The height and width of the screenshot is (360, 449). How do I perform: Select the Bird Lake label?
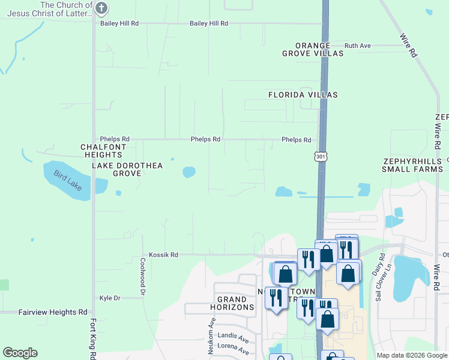[67, 181]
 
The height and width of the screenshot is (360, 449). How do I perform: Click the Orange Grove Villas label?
[313, 49]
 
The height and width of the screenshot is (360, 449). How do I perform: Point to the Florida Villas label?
[303, 95]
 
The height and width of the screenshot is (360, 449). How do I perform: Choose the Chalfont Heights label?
[104, 151]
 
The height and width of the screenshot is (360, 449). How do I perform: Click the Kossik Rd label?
[163, 255]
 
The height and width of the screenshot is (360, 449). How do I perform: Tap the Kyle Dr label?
[110, 298]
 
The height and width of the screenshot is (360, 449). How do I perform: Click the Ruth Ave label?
[358, 46]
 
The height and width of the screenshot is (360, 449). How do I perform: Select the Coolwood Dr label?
[143, 277]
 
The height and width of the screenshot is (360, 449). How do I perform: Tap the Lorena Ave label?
[234, 347]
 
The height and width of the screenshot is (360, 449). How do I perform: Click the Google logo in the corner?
[20, 353]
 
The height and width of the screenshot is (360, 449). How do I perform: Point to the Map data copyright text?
[412, 355]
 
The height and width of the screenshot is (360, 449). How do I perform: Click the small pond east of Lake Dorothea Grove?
[189, 172]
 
